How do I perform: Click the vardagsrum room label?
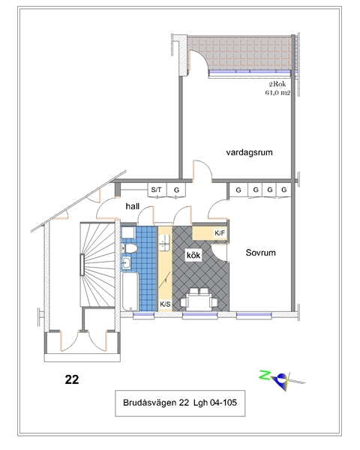[x=249, y=152]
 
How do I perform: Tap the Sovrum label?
[x=261, y=253]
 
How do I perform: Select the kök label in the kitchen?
[x=193, y=255]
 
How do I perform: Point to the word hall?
[x=132, y=206]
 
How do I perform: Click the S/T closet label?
[x=156, y=190]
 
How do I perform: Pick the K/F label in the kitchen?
[x=220, y=233]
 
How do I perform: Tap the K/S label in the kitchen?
[x=165, y=304]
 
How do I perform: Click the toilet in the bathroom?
[x=129, y=248]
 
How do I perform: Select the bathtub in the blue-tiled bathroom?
[x=130, y=292]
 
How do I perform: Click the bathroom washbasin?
[x=126, y=263]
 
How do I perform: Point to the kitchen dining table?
[x=199, y=302]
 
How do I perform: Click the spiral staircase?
[x=97, y=264]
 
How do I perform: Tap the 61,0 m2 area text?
[x=277, y=93]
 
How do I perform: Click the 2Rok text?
[x=277, y=84]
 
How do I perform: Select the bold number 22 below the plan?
[x=72, y=379]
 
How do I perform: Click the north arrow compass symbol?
[x=280, y=381]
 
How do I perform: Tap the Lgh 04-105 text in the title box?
[x=215, y=403]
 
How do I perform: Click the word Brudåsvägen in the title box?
[x=149, y=403]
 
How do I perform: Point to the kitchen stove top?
[x=164, y=243]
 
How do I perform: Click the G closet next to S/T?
[x=176, y=190]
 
